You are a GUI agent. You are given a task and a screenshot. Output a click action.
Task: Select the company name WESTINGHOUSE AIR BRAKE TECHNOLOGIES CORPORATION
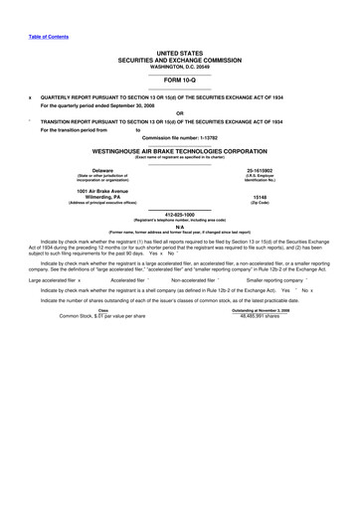point(179,152)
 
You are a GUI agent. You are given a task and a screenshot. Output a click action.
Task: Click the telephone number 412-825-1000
point(179,214)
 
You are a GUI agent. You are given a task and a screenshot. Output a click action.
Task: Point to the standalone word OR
point(179,111)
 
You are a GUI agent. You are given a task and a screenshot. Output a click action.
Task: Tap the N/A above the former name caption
point(179,226)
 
